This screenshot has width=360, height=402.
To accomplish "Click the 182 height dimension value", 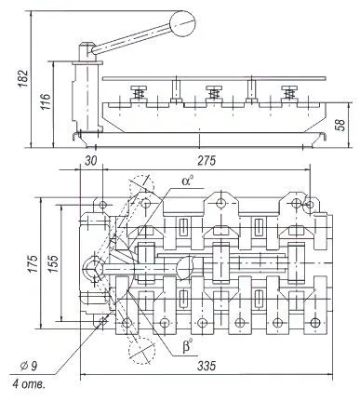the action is click(x=23, y=78).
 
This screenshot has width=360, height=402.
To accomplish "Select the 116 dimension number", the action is click(x=46, y=101).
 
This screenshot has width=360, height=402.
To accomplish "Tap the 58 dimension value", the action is click(x=340, y=125).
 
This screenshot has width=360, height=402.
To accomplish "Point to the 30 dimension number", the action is click(x=91, y=160).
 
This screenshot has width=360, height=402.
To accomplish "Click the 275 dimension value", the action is click(x=207, y=160).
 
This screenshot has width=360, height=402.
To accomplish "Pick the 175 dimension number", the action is click(x=33, y=264).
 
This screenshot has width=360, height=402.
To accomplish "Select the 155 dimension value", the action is click(x=53, y=264).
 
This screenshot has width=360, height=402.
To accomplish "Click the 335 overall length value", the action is click(x=207, y=366).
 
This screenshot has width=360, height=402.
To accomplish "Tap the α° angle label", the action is click(x=187, y=181).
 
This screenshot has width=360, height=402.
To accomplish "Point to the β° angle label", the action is click(x=188, y=346).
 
